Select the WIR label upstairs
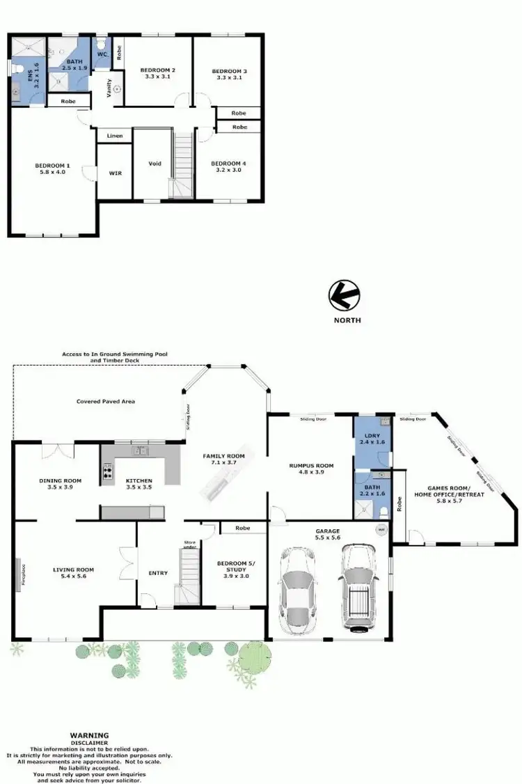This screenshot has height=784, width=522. (115, 173)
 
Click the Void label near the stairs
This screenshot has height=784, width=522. (155, 164)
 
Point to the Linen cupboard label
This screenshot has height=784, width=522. (114, 135)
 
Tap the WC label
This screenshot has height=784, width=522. (101, 54)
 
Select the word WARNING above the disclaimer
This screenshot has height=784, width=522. (88, 735)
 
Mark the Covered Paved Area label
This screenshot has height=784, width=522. (106, 402)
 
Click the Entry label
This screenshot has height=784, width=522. (158, 573)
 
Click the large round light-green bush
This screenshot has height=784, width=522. (255, 656)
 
